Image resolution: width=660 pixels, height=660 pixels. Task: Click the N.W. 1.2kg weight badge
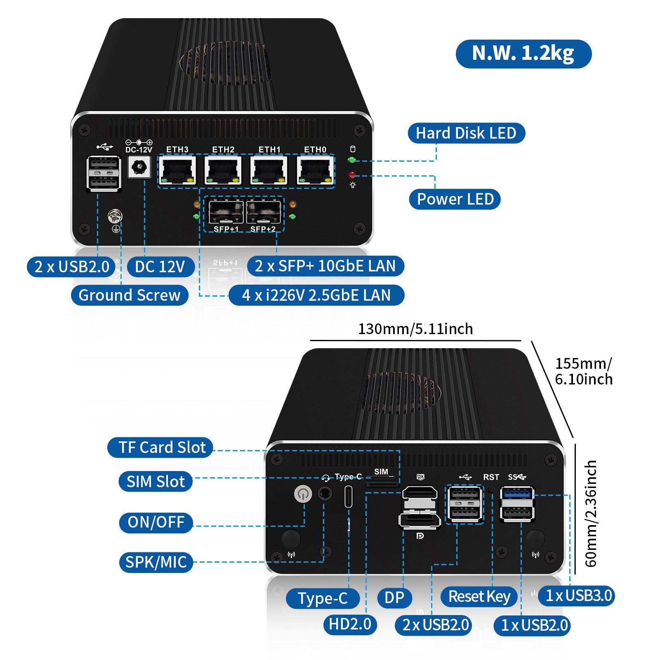coord(523,54)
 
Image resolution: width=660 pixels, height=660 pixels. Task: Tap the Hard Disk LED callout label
coord(466,133)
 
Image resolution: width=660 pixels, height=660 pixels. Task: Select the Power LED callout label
coord(455,199)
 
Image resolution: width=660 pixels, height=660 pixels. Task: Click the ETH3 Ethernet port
coord(177,170)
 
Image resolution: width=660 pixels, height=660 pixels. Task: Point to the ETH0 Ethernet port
coord(315,170)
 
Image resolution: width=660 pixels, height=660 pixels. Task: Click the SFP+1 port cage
coord(226,212)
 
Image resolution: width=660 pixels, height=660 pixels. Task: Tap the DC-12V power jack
coord(139,167)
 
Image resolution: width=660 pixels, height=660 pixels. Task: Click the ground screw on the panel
coord(115,216)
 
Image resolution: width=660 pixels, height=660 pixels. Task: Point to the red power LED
coord(352,174)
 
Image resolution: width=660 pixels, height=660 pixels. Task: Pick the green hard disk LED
coord(352,160)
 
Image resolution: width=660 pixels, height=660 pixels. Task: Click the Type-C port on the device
coord(349,497)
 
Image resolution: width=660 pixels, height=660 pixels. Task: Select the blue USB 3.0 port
coord(517,493)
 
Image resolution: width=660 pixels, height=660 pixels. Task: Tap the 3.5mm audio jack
coord(325,494)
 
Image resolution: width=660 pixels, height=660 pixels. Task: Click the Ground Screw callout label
coord(130,295)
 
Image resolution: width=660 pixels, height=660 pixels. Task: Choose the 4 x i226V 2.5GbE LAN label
coord(316,295)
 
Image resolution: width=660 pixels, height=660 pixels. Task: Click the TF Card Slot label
coord(160,448)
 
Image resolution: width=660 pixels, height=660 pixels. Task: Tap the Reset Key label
coord(479,596)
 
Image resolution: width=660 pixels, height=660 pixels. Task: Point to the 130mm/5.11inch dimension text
coord(415,329)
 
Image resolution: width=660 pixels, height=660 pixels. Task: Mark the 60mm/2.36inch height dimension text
coord(591,514)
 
